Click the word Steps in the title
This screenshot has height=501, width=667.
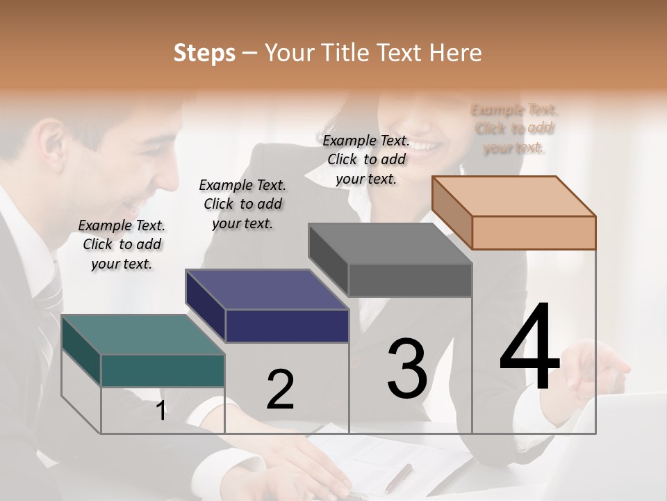[204, 53]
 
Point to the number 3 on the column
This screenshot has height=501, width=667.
[407, 369]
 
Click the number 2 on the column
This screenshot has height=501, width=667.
[280, 390]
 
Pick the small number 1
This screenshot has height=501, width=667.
[161, 411]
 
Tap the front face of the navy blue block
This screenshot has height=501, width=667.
[287, 326]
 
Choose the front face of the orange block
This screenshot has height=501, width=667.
[534, 232]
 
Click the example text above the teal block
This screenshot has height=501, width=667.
[122, 244]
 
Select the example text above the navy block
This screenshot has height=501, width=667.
[242, 204]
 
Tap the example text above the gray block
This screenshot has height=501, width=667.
[366, 159]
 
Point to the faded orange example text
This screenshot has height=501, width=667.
[514, 129]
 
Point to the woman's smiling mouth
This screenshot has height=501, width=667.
[431, 147]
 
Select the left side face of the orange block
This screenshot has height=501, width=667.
[452, 212]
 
